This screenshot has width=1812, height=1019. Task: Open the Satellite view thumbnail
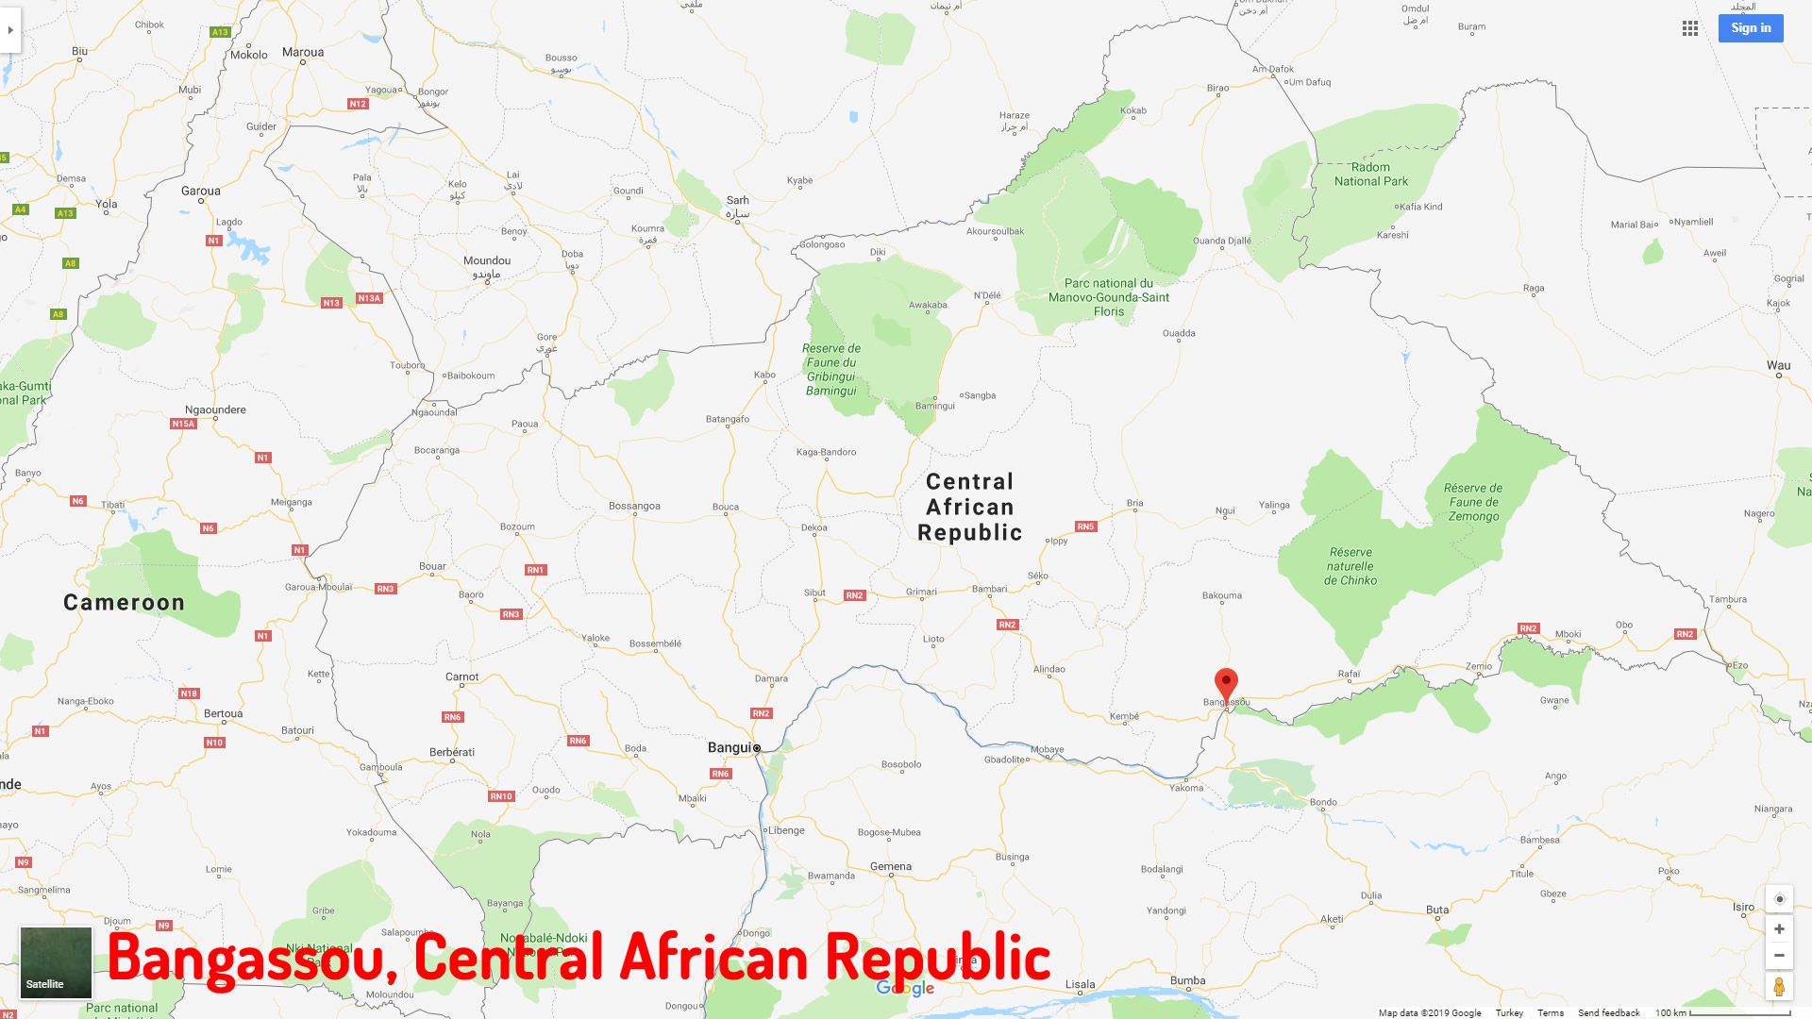point(57,962)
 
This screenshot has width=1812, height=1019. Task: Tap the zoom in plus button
point(1779,929)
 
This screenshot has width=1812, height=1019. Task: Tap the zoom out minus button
point(1779,956)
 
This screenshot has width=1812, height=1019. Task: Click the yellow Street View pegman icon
point(1779,987)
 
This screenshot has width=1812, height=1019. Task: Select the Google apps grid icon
point(1690,28)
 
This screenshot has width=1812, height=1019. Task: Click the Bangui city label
point(730,747)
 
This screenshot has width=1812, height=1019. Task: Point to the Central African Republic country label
point(970,508)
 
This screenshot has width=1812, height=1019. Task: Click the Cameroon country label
point(124,603)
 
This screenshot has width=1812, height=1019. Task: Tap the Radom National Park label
point(1371,175)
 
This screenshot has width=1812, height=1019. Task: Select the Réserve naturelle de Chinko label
point(1351,566)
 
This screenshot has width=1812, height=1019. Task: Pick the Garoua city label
point(201,191)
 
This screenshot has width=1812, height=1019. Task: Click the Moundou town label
point(487,260)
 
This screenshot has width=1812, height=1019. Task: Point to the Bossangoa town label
point(634,506)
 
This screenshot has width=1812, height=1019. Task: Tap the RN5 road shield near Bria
point(1085,526)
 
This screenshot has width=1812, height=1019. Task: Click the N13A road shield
point(369,298)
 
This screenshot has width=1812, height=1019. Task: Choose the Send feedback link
point(1609,1012)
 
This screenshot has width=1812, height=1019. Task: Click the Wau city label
point(1779,365)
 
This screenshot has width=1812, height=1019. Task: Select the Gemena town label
point(891,866)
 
